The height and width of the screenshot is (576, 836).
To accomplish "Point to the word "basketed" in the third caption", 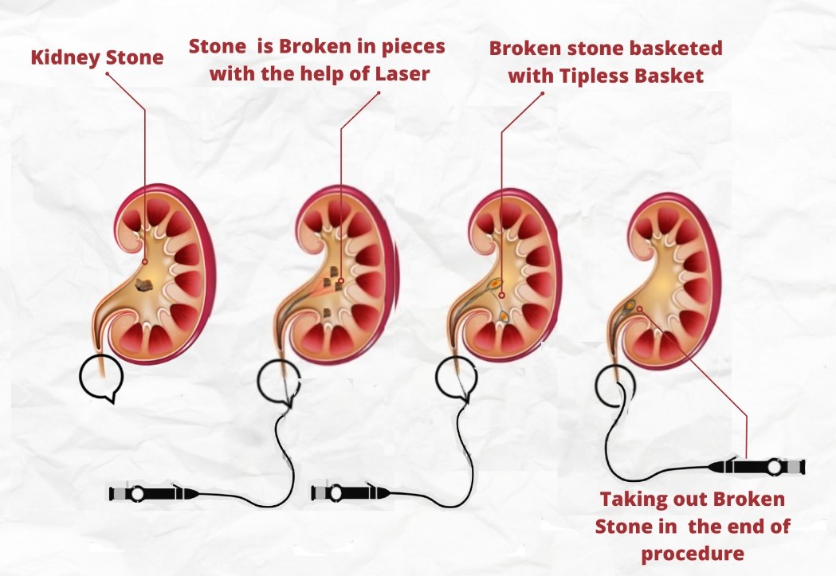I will tap(682, 48).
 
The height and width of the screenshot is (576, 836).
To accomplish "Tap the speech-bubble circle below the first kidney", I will tap(102, 376).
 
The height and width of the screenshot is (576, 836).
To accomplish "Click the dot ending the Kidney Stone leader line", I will tap(144, 261).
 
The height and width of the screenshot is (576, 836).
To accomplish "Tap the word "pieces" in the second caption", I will tap(414, 46).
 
